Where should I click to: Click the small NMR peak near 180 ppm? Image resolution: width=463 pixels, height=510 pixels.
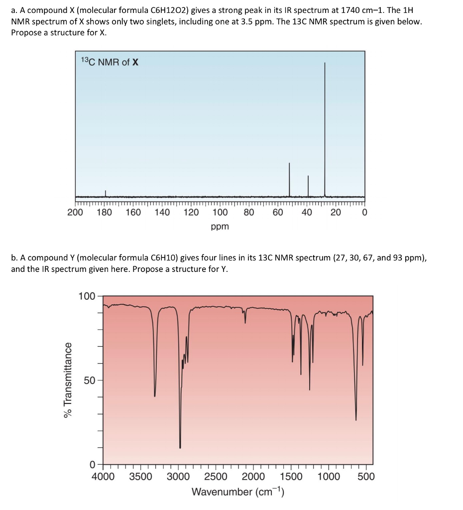(x=105, y=193)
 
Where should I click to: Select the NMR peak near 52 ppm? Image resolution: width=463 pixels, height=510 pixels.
(x=289, y=179)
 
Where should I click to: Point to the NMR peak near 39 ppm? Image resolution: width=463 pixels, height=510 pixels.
(x=308, y=186)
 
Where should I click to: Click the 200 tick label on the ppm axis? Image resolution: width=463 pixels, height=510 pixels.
(x=75, y=213)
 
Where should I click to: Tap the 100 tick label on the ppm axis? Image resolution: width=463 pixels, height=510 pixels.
(x=220, y=213)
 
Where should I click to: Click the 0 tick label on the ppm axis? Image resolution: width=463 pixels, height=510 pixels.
(x=364, y=213)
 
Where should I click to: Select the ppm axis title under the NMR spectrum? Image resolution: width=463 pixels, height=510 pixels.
(x=220, y=227)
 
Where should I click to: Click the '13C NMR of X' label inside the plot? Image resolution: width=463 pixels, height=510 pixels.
(x=110, y=62)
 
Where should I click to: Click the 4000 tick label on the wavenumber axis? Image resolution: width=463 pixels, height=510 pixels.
(x=104, y=477)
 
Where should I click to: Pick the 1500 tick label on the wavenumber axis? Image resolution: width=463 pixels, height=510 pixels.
(x=291, y=477)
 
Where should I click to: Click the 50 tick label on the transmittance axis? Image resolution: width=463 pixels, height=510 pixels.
(x=89, y=381)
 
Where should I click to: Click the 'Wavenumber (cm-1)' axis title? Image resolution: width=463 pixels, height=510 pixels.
(x=237, y=493)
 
